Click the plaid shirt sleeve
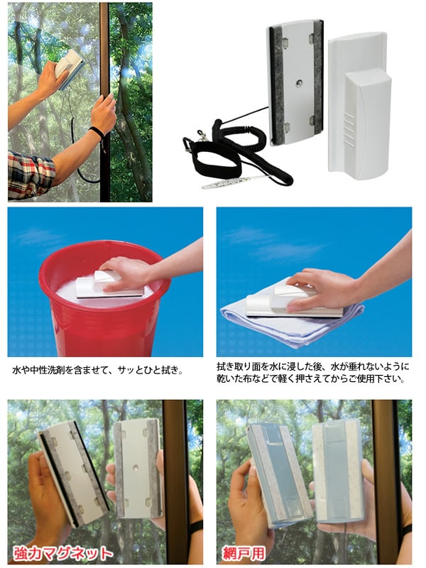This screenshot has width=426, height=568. click(31, 175)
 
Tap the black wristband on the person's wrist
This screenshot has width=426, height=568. click(97, 132)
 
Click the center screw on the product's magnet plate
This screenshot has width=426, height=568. click(298, 83)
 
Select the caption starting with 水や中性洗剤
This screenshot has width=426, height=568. click(98, 370)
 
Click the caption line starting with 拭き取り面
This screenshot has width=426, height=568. click(313, 366)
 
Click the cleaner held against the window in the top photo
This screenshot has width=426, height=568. click(70, 70)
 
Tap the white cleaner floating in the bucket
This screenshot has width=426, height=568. click(109, 285)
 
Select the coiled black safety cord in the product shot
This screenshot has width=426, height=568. click(246, 152)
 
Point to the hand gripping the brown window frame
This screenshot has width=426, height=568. click(103, 113)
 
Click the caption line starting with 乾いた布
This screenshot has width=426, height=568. click(310, 379)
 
